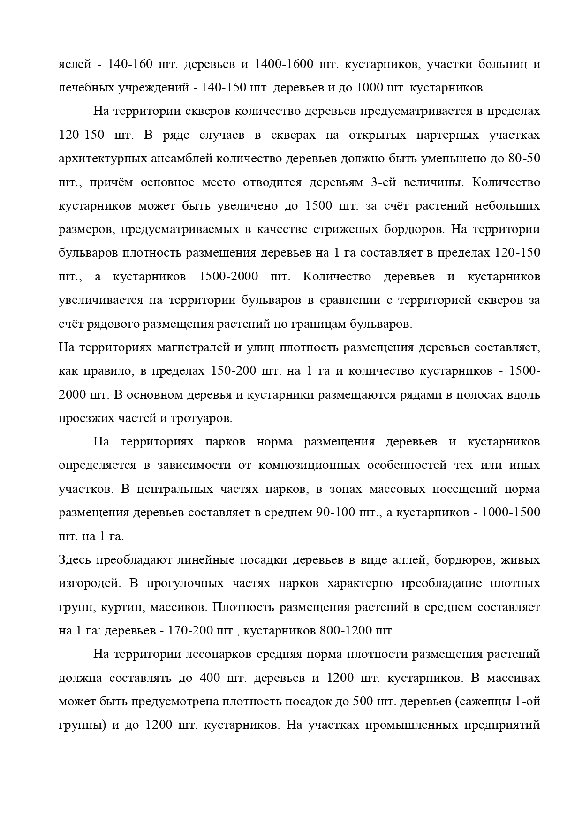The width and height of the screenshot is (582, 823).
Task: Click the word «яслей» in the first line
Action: [x=75, y=64]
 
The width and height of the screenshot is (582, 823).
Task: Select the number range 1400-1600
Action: [x=283, y=64]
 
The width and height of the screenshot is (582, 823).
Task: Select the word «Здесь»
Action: [x=75, y=560]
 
